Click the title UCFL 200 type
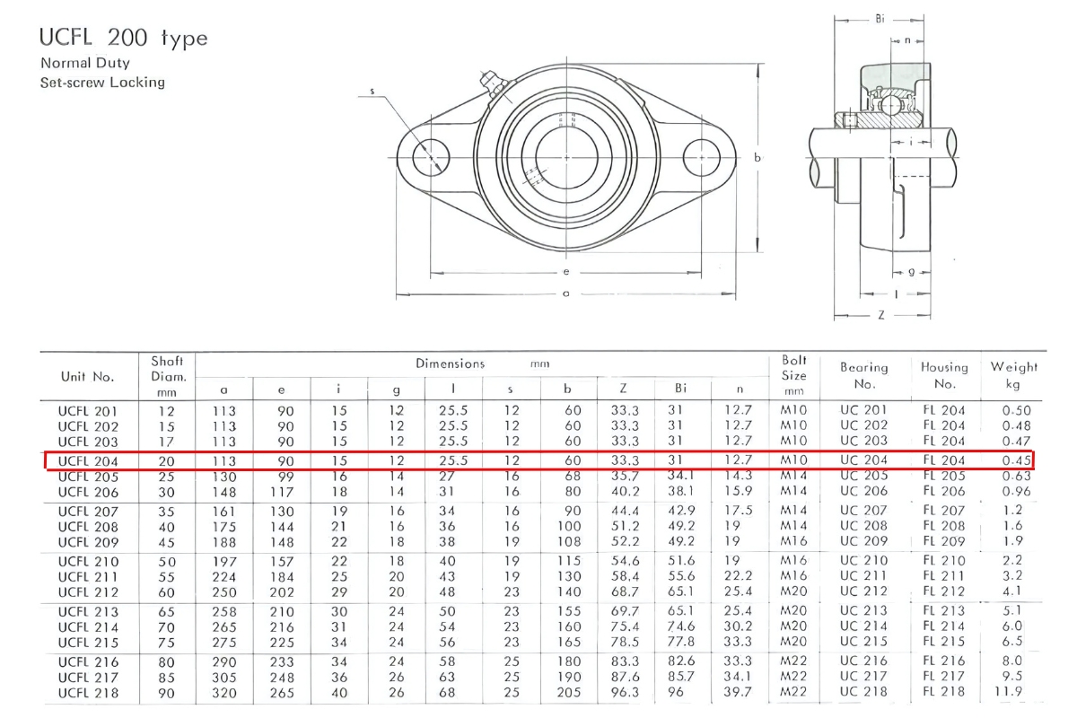click(123, 38)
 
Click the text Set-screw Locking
click(102, 83)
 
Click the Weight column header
click(1014, 375)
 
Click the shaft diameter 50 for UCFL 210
click(167, 561)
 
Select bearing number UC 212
click(863, 591)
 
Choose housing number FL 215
click(944, 643)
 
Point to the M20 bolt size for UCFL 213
click(793, 611)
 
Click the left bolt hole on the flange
click(431, 158)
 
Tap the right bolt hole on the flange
click(702, 158)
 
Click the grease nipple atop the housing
click(490, 80)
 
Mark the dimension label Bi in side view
click(880, 18)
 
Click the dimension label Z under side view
click(881, 316)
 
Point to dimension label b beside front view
click(757, 158)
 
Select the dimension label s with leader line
click(372, 92)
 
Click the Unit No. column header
click(88, 376)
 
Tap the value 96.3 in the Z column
click(624, 692)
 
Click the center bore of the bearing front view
click(566, 158)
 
